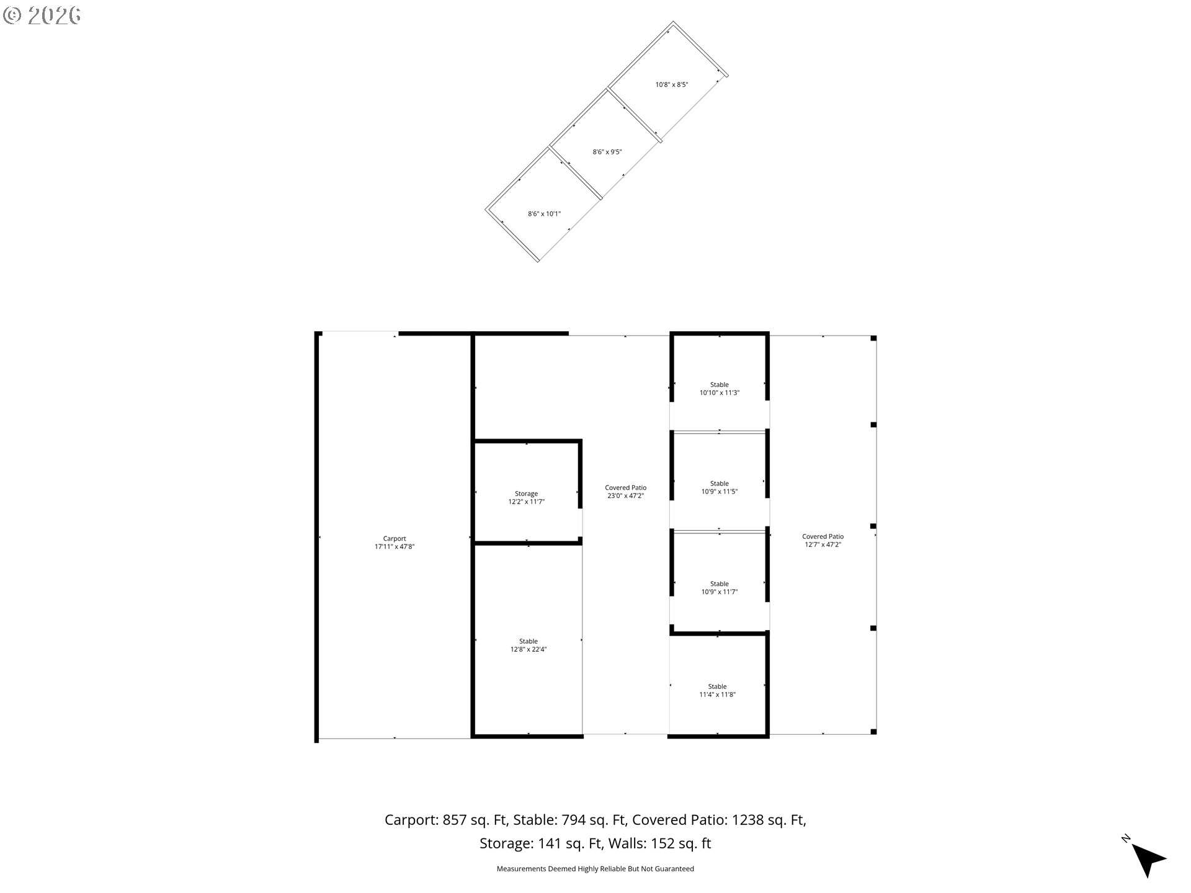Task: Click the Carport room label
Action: point(395,539)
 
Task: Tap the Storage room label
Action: point(526,494)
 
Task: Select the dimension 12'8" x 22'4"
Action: point(529,649)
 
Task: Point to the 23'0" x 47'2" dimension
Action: point(625,495)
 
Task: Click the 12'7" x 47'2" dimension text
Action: point(823,544)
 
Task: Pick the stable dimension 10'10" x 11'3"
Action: point(720,393)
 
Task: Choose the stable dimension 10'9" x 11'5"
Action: point(720,491)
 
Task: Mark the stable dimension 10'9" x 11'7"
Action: point(720,592)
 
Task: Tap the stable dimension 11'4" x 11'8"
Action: point(717,695)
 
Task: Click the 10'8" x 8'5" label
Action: point(672,84)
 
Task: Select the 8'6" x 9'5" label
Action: point(607,152)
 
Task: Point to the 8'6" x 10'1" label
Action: point(544,214)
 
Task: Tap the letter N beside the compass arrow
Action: point(1126,839)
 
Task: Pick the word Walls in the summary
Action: point(625,843)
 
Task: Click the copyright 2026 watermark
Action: point(42,16)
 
